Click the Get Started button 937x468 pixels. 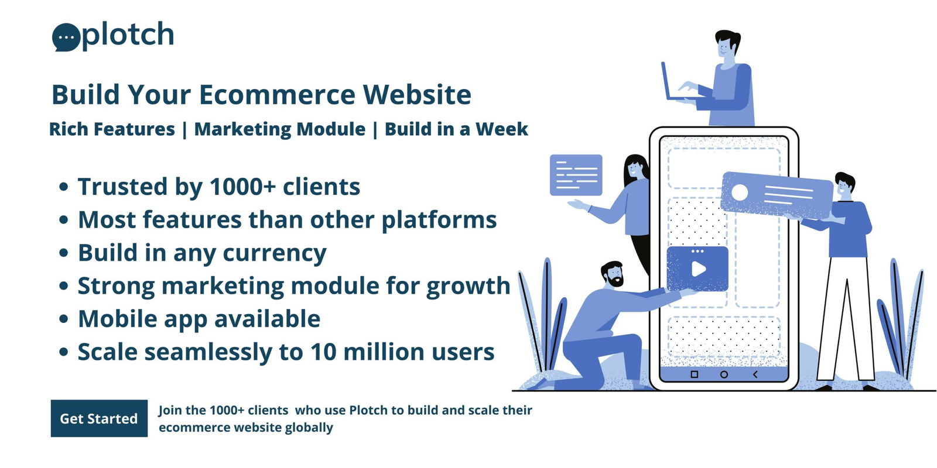tap(99, 418)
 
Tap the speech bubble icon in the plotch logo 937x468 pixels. tap(66, 37)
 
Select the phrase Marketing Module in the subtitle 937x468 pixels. tap(280, 129)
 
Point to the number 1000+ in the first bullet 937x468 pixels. tap(242, 187)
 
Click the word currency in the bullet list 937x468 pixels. tap(275, 253)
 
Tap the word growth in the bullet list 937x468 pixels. tap(468, 286)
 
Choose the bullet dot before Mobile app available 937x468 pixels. tap(64, 319)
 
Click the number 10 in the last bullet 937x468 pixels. tap(323, 352)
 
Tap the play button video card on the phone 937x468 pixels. tap(697, 269)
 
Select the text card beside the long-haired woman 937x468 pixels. tap(576, 175)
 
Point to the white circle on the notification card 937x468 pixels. tap(740, 192)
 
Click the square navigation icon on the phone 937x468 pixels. tap(695, 374)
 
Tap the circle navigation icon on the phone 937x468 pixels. tap(724, 374)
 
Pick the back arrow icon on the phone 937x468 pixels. tap(755, 374)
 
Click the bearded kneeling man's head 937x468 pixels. tap(613, 274)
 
